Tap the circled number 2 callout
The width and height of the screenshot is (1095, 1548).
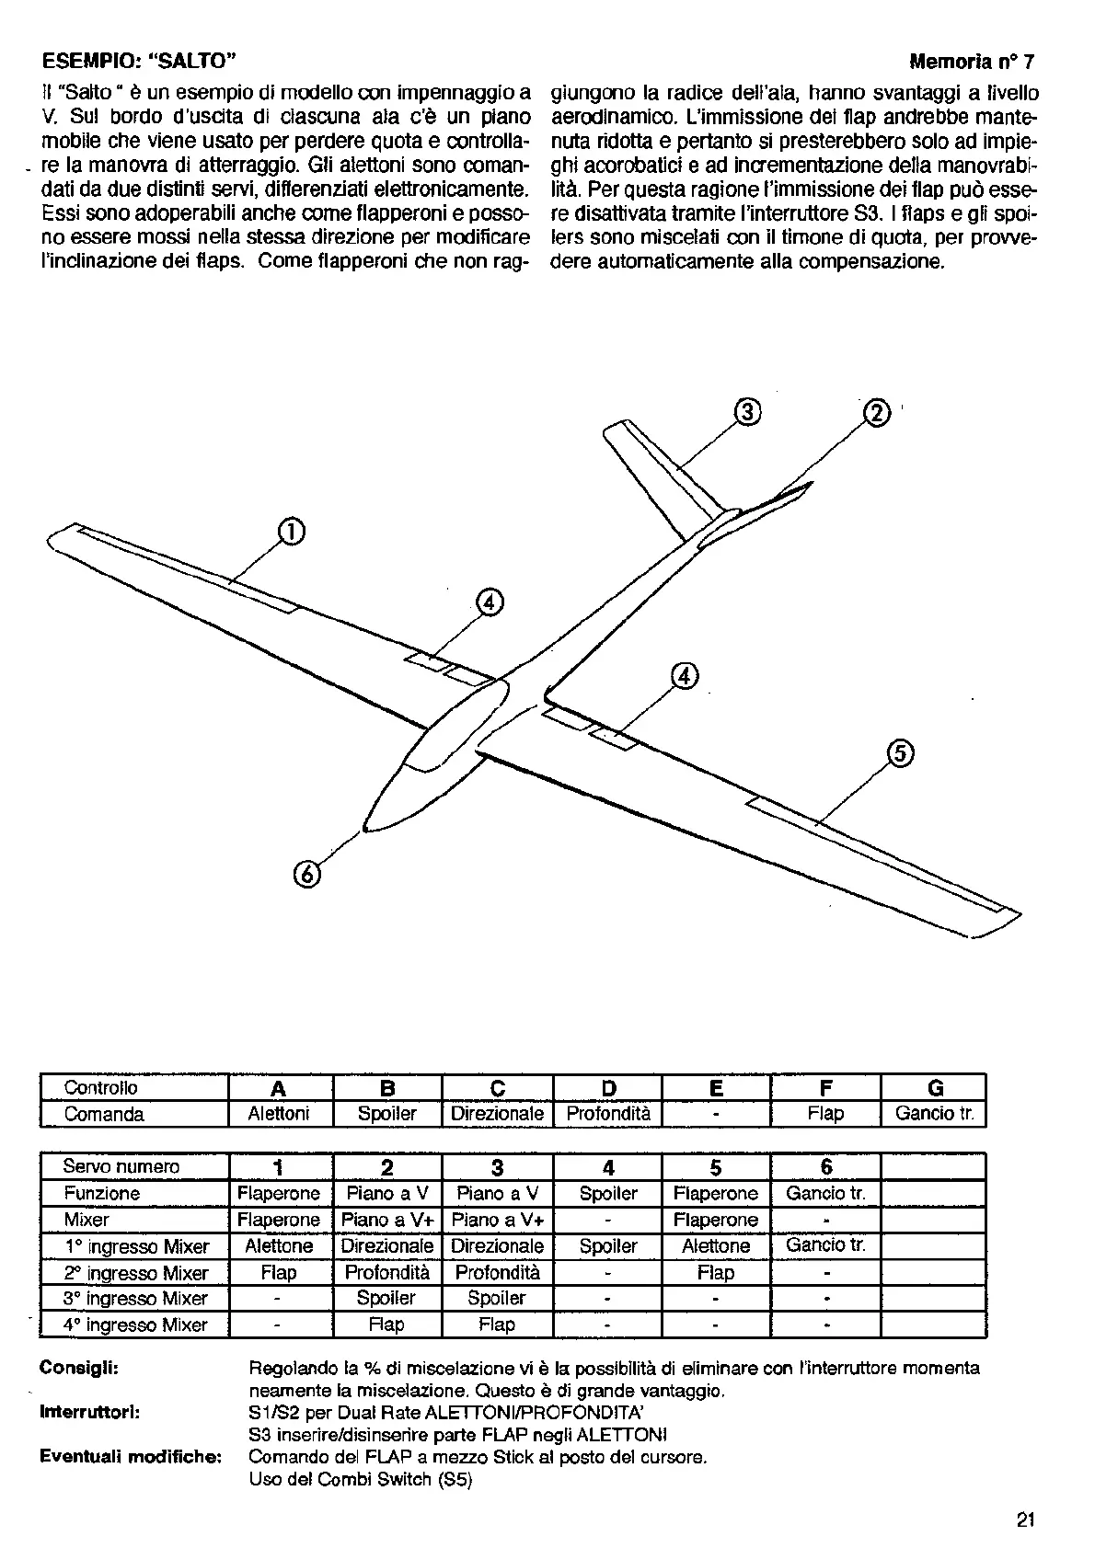tap(876, 413)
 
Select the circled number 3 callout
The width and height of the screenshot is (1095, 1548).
tap(748, 413)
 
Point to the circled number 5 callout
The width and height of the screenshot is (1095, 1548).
tap(900, 753)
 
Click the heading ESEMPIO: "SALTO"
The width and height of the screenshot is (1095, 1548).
tap(141, 62)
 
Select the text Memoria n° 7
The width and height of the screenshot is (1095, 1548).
tap(972, 63)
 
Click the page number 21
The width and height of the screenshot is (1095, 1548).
tap(1026, 1519)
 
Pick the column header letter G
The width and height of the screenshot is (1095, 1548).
tap(935, 1088)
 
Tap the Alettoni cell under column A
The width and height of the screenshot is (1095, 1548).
tap(279, 1114)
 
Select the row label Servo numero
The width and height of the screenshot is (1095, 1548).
tap(121, 1166)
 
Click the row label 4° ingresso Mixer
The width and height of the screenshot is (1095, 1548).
tap(135, 1324)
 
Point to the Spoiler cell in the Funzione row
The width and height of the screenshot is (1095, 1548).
tap(608, 1193)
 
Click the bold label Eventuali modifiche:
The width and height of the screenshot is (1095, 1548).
tap(130, 1457)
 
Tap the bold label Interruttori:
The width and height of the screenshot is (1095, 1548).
tap(89, 1412)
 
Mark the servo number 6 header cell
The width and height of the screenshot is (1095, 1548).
tap(826, 1166)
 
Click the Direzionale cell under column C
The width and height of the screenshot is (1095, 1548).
tap(497, 1114)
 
